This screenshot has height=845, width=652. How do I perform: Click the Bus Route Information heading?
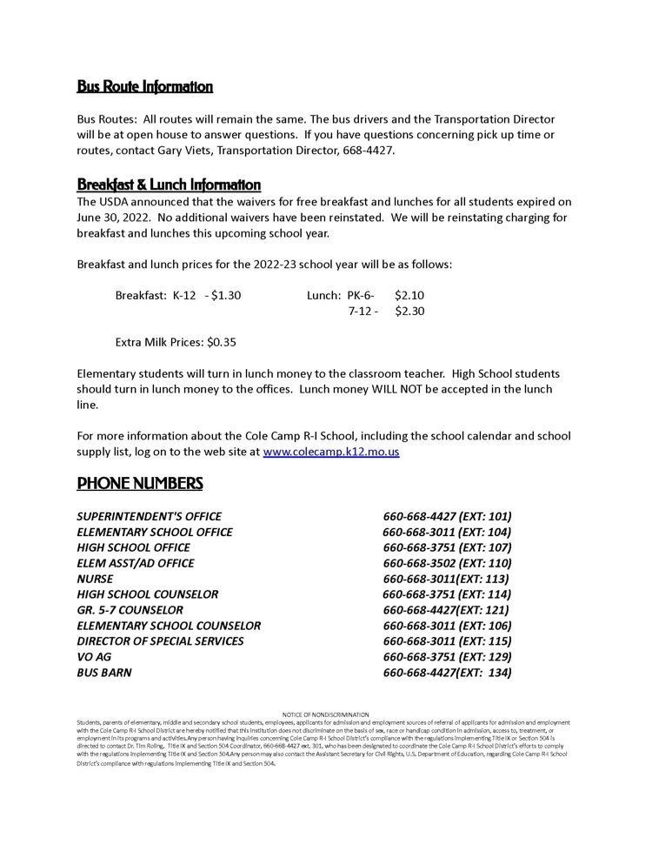(144, 86)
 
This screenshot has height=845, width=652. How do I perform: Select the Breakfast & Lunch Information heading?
(169, 184)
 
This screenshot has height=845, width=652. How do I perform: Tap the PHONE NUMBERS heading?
(140, 483)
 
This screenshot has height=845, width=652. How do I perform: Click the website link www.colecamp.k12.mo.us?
(330, 452)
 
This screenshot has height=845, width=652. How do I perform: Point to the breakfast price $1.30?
(226, 295)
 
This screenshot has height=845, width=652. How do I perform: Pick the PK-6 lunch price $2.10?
(409, 295)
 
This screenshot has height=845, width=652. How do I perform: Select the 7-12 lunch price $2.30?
(409, 311)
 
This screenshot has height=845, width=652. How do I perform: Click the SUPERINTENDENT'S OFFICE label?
(149, 516)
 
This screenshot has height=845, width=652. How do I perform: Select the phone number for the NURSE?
(446, 579)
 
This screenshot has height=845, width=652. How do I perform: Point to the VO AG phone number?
(447, 657)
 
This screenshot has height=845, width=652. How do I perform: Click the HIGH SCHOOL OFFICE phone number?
(447, 547)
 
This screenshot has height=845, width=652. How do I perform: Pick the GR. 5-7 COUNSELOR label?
(130, 610)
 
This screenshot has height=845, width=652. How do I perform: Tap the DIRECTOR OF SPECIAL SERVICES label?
(160, 641)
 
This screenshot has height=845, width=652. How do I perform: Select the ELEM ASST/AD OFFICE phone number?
(447, 563)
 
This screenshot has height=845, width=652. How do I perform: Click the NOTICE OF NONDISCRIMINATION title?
(326, 714)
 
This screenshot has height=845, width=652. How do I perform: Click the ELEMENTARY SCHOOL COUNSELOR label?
(169, 626)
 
